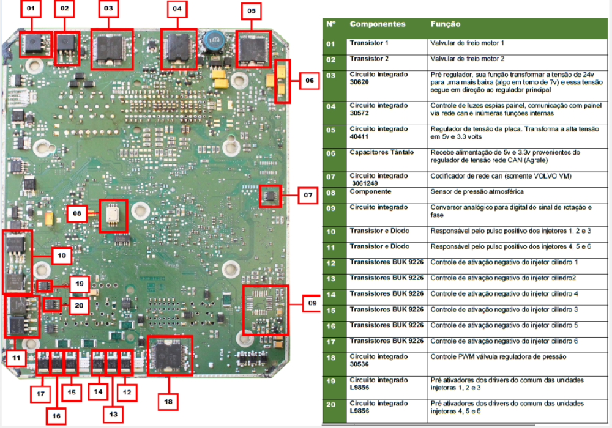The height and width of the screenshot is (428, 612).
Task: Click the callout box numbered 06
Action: (310, 81)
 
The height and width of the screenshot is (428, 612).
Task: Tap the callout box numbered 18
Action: (168, 402)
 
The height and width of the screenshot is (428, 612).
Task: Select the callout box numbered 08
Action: (77, 213)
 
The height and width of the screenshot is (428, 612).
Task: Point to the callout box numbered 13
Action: (113, 414)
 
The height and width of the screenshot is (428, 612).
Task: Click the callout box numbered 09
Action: (312, 303)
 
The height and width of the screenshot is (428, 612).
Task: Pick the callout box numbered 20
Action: (79, 306)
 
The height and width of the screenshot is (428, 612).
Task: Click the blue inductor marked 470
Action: (214, 40)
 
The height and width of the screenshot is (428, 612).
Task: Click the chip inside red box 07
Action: (269, 195)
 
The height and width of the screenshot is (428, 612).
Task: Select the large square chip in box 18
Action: (170, 355)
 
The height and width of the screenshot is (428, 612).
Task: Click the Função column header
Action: (446, 24)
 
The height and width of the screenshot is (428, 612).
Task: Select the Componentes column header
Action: (378, 24)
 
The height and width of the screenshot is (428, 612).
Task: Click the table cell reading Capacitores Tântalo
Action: (382, 152)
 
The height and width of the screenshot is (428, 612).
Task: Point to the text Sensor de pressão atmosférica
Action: (477, 192)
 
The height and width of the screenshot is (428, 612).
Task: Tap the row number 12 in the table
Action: (331, 264)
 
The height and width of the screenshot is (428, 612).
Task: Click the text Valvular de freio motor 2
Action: (467, 59)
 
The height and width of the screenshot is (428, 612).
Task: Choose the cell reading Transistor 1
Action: (369, 43)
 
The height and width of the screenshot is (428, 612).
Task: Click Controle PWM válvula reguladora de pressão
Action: (498, 356)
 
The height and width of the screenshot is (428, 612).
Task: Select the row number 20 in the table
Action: (331, 405)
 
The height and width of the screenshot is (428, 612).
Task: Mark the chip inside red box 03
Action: (112, 49)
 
